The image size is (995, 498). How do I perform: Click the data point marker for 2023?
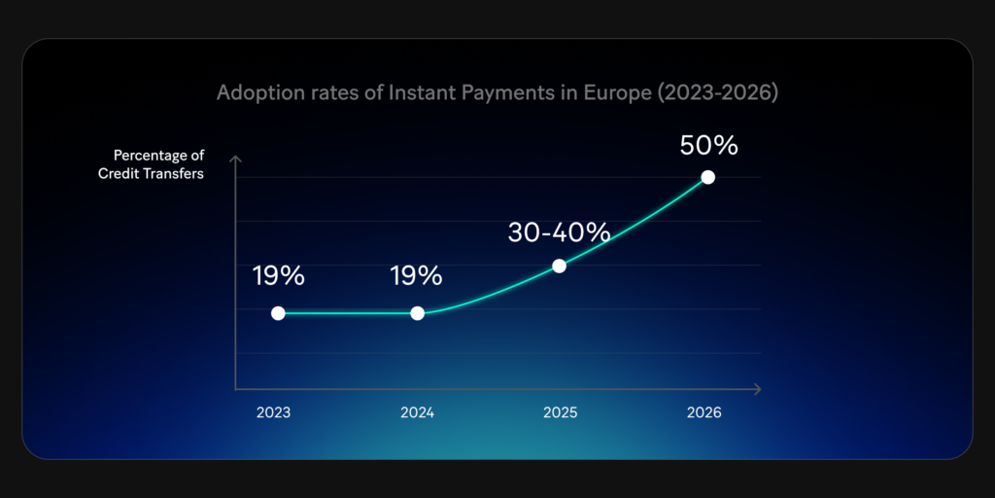[278, 313]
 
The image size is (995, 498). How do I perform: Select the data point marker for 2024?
[418, 313]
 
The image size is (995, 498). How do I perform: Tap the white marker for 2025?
[559, 266]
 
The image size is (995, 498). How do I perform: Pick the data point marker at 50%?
[708, 177]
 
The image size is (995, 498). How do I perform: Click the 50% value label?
[708, 146]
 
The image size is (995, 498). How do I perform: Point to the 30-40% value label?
[559, 233]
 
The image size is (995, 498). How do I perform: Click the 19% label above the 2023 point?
[279, 276]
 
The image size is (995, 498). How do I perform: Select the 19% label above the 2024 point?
[417, 276]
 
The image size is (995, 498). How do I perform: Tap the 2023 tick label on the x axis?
[273, 412]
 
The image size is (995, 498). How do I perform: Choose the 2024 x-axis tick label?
[417, 412]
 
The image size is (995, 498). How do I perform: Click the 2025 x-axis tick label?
[561, 412]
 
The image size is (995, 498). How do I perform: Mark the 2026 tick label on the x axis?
[703, 412]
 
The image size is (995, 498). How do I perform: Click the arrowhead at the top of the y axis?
[235, 159]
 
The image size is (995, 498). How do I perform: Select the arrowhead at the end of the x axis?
[757, 390]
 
